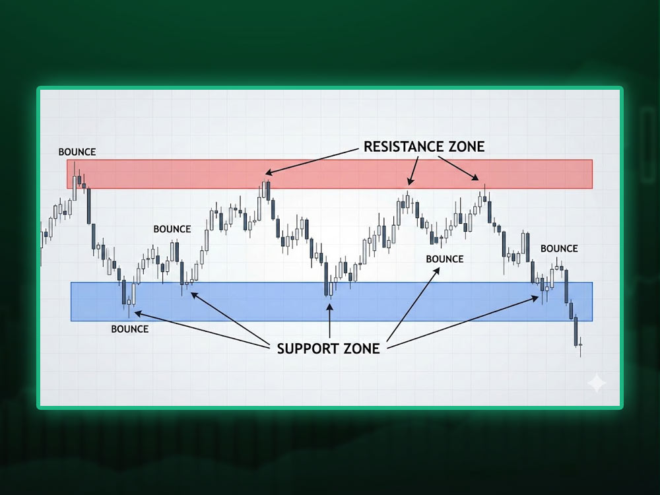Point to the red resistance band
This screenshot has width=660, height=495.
(330, 174)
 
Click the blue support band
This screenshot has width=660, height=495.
(264, 302)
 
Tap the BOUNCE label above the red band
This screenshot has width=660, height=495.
(77, 152)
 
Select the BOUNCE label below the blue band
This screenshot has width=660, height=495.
(130, 329)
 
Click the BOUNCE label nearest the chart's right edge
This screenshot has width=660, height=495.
(559, 248)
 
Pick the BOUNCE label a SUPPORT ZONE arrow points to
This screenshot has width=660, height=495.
(445, 259)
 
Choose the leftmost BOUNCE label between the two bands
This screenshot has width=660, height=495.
(172, 229)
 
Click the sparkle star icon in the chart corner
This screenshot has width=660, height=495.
(596, 383)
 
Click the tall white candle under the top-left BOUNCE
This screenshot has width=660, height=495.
(74, 187)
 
